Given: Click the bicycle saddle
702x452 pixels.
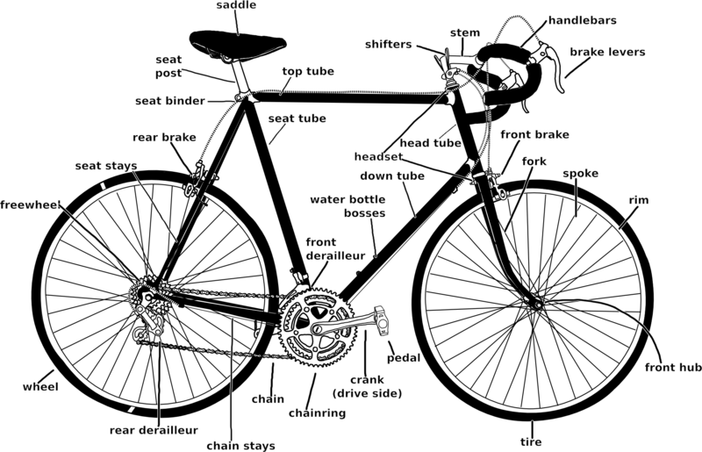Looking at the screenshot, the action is (238, 45).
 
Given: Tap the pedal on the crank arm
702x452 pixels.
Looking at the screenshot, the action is (382, 320).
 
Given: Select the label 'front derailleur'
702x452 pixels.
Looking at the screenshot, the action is (335, 249).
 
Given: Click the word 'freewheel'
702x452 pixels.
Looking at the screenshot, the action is (30, 205).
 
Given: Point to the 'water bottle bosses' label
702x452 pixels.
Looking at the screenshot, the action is (347, 206).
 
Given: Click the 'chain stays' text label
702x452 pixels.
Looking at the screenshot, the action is (240, 446).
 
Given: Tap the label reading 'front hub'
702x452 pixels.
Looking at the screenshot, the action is (673, 368).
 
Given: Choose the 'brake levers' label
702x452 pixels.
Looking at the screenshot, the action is (607, 52).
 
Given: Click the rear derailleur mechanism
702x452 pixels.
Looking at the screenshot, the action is (147, 321).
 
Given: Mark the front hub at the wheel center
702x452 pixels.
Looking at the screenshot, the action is (537, 305).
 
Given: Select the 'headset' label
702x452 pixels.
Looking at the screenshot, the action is (378, 157).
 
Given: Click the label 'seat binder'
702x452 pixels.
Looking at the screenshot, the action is (170, 101).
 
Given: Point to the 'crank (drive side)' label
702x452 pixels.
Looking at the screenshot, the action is (367, 386).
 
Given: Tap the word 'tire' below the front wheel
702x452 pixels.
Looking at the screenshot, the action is (531, 442).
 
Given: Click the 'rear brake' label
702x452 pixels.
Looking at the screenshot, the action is (164, 138).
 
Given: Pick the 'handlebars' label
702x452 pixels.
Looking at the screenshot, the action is (583, 20).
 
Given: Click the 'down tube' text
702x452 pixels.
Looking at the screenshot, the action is (392, 176).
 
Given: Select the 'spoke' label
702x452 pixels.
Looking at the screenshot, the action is (581, 174).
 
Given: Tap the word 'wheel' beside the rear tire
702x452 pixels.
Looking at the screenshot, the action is (40, 387).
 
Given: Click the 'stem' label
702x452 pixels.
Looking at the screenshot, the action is (465, 32).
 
